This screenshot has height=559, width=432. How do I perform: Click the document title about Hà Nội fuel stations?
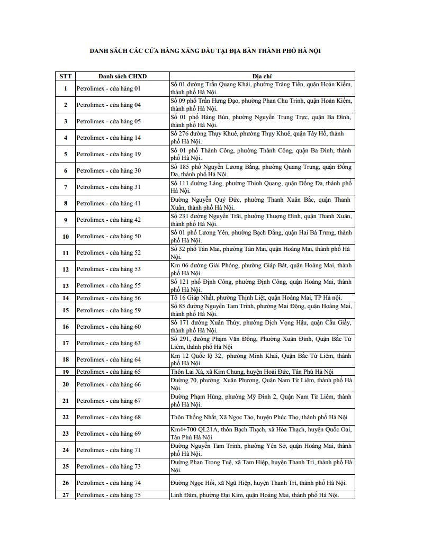coord(205,51)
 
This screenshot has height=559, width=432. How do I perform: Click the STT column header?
coord(66,76)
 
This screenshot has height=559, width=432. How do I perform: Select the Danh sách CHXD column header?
coord(122,76)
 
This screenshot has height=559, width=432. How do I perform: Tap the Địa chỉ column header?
coord(262,76)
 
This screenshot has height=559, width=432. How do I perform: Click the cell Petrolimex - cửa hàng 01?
coord(109,88)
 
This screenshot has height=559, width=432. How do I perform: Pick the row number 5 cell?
coord(66,154)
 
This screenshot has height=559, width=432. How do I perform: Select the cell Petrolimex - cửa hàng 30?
coord(109,170)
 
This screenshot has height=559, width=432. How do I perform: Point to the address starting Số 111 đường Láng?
coord(262,187)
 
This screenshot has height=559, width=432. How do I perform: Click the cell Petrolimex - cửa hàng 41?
coord(109,203)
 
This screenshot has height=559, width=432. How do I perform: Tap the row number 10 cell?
coord(66,236)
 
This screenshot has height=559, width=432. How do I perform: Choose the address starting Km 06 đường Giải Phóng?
coord(262,269)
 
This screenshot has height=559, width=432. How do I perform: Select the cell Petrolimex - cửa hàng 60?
coord(109,327)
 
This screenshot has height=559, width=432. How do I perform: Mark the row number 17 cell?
coord(66,343)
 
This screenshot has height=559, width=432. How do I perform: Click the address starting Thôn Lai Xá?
coord(252,372)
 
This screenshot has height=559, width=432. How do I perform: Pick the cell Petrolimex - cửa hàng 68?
coord(109,417)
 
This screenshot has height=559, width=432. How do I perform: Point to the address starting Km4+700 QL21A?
coord(262,434)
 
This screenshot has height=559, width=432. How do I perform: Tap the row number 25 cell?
coord(66,466)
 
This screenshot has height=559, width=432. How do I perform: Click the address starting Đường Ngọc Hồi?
coord(258,483)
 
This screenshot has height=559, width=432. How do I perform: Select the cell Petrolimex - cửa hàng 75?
coord(109,495)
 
